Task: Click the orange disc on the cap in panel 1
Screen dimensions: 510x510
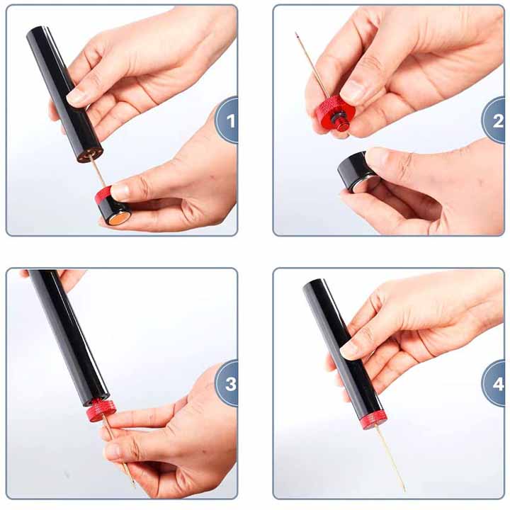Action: tap(118, 219)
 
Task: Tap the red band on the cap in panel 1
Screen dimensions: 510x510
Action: tap(103, 194)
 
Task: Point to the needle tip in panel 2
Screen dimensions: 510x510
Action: tap(295, 33)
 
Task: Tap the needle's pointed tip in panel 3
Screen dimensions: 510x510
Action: tap(135, 487)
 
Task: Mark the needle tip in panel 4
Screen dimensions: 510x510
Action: tap(405, 491)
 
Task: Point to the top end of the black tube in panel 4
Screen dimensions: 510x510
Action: tap(313, 285)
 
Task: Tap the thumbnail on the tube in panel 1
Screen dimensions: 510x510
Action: tap(76, 96)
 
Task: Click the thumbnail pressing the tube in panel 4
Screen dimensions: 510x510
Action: tap(348, 351)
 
